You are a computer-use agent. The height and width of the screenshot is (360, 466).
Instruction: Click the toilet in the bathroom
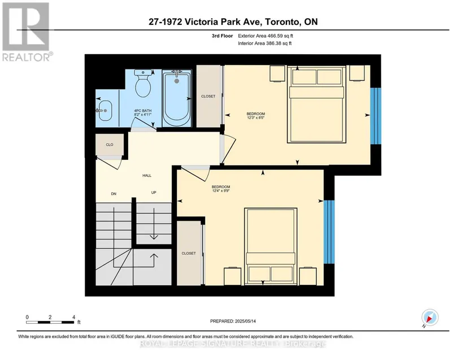(143, 83)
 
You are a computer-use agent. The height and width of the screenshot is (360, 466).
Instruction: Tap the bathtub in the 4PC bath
(177, 98)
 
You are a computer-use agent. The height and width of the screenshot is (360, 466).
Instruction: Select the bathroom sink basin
(104, 111)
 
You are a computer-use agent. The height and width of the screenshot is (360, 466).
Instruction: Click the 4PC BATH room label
(143, 112)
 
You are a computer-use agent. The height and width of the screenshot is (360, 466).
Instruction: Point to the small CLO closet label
(110, 145)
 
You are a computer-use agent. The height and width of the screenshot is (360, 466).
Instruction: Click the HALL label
(147, 176)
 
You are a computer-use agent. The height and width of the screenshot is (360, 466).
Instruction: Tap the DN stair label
(114, 194)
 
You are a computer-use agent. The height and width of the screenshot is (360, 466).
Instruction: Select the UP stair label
(154, 193)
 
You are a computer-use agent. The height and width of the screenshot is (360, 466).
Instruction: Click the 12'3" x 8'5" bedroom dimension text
(256, 118)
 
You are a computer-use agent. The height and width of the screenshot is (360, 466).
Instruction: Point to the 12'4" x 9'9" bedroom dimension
(221, 191)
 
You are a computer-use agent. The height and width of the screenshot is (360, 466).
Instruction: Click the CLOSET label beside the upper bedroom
(208, 96)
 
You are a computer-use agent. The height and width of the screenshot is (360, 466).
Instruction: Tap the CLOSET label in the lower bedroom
(189, 253)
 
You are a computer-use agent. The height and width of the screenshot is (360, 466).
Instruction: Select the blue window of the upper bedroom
(376, 116)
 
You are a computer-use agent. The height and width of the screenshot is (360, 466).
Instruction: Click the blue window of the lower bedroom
(329, 232)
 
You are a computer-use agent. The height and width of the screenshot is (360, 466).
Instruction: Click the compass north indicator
(430, 318)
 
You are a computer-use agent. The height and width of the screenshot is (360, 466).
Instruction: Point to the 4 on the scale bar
(73, 317)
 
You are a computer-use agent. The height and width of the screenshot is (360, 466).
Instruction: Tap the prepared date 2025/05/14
(245, 321)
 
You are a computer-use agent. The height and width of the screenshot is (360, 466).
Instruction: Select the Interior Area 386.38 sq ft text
(265, 44)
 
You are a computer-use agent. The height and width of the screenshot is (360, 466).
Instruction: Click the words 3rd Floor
(223, 36)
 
